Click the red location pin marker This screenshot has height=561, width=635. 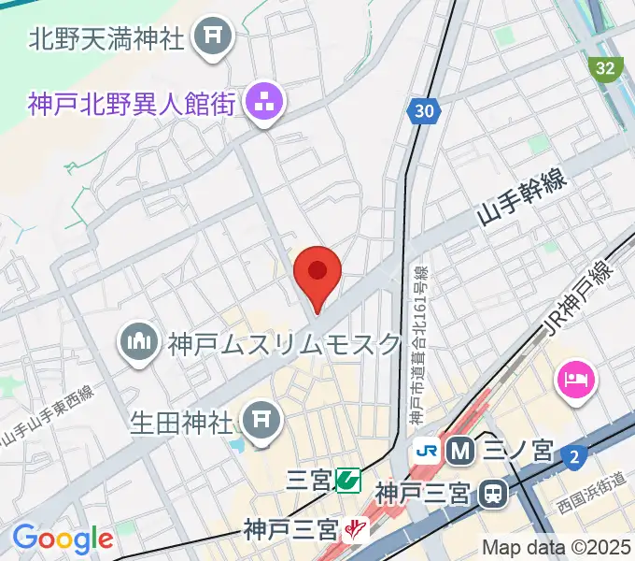tap(317, 274)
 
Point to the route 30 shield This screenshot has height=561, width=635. tap(423, 111)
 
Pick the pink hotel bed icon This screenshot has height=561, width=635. tap(574, 380)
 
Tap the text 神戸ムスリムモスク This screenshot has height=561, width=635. tap(284, 345)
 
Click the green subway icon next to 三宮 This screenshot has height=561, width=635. tap(348, 481)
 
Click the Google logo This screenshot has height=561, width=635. tap(63, 539)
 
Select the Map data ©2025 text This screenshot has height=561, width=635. tap(557, 546)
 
